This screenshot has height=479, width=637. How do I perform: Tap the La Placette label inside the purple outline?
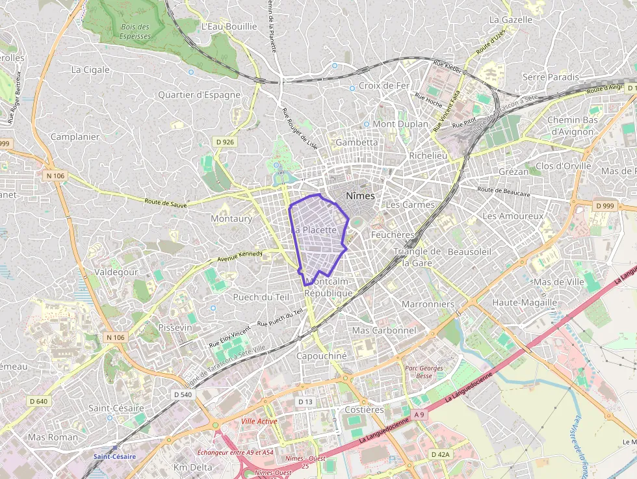315,230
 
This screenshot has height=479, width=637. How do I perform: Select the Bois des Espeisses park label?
135,32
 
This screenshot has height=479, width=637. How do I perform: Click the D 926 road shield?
224,142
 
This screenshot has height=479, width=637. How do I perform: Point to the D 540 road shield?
183,395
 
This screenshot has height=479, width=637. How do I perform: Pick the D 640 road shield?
39,401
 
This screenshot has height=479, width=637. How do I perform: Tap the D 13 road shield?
305,402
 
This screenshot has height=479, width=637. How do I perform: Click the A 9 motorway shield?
419,414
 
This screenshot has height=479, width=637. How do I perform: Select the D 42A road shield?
440,454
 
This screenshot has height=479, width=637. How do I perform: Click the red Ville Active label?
259,421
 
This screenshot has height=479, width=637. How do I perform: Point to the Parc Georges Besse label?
424,372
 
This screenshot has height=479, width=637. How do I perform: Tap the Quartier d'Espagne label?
199,95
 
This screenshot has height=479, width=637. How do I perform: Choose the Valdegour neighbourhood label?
116,272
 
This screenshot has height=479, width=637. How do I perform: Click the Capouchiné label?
322,356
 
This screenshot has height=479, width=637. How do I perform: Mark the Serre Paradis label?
551,77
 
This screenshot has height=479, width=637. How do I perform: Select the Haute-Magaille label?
525,302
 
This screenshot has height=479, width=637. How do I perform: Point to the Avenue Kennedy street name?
240,255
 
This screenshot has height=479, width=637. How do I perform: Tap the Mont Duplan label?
400,123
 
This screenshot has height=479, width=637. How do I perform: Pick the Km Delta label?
193,467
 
